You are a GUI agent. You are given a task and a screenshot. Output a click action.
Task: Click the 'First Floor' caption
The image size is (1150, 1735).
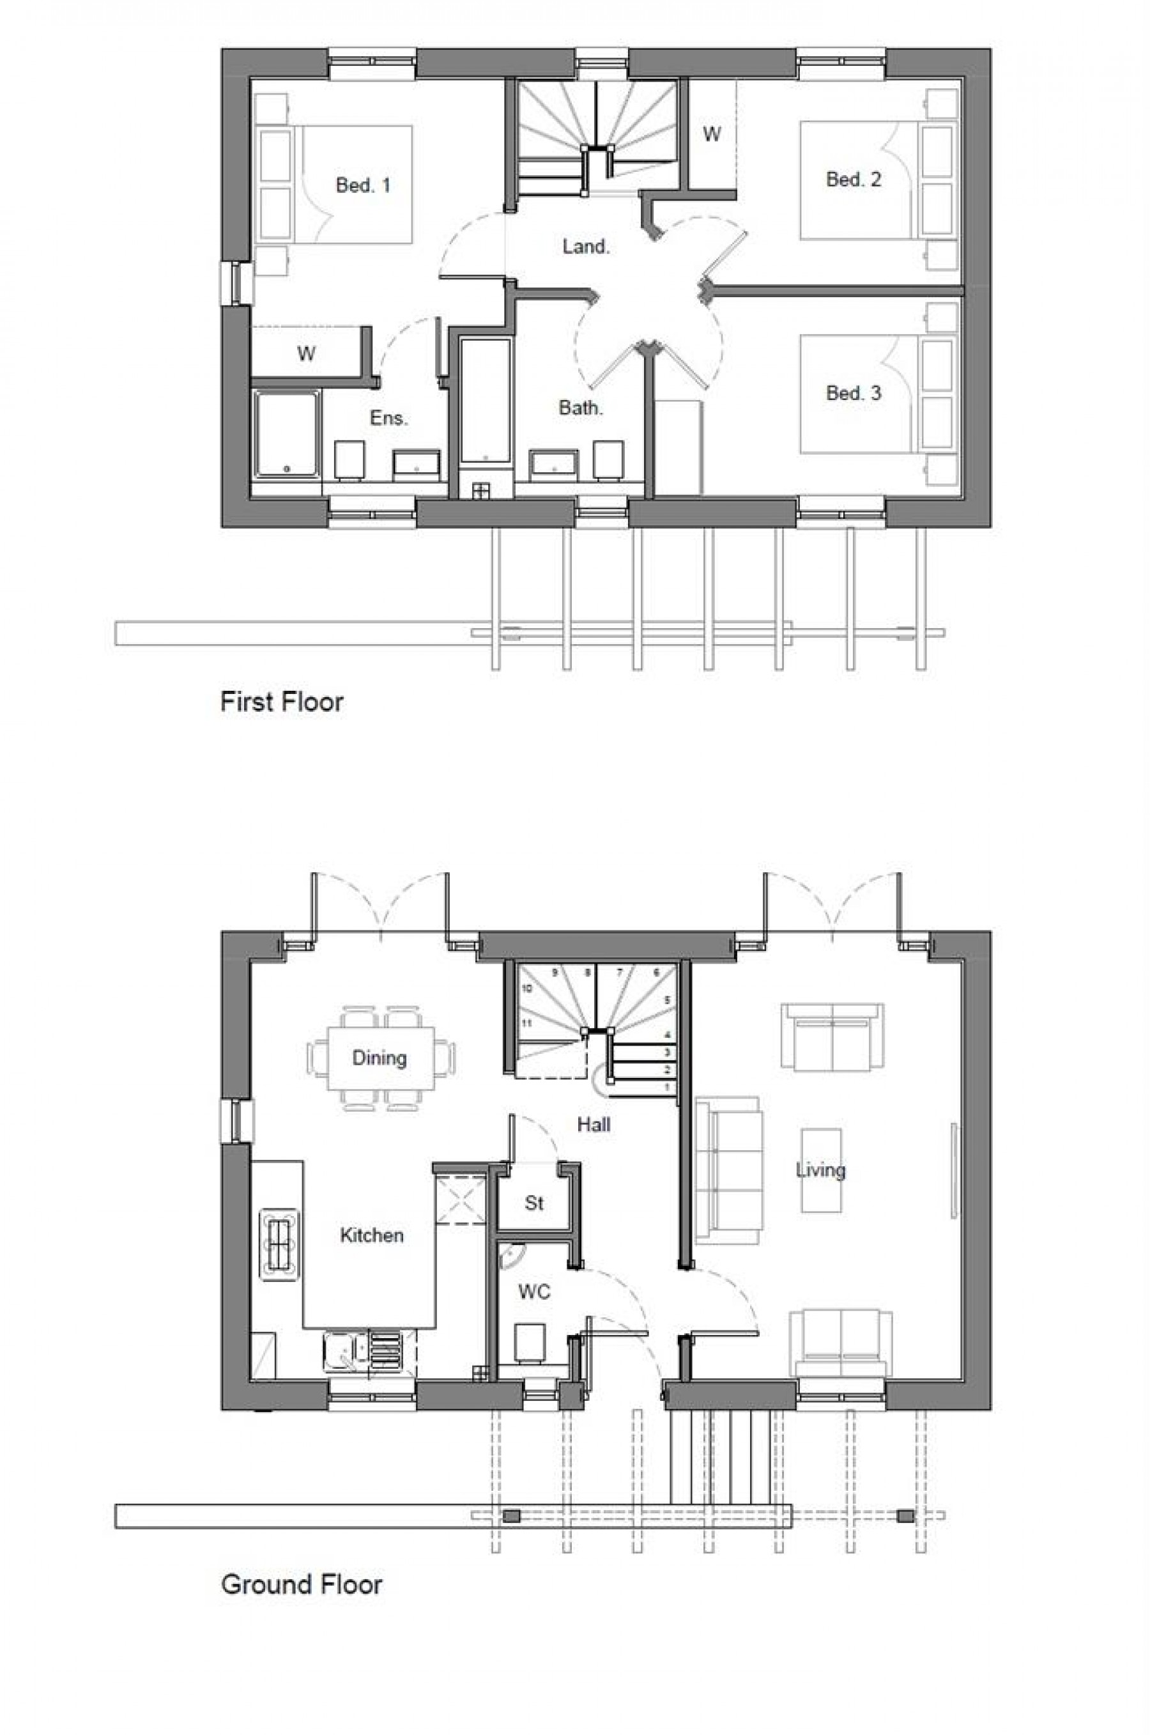282,702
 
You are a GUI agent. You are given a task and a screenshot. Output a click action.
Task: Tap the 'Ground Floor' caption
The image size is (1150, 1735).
302,1584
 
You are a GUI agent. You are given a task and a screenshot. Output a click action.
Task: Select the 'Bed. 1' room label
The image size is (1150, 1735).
363,185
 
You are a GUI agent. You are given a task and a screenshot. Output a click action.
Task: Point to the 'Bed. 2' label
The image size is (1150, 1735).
854,179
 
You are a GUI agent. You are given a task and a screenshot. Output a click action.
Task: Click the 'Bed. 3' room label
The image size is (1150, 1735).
854,392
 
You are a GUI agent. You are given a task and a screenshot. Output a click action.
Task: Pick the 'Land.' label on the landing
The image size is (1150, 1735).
586,247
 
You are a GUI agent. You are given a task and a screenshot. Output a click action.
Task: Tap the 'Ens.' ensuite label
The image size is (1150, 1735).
388,418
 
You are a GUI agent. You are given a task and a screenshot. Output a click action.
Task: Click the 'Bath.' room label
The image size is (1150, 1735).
581,408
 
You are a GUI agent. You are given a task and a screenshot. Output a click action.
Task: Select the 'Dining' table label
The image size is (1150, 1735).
379,1058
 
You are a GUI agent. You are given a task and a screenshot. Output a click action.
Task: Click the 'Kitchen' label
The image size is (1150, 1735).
372,1235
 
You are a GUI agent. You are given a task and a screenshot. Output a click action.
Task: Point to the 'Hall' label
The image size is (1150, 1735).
594,1125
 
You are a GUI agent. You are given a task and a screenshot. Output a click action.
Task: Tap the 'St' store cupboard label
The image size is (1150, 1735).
534,1203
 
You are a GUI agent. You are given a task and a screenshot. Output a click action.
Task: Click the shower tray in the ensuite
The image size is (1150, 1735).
287,435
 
